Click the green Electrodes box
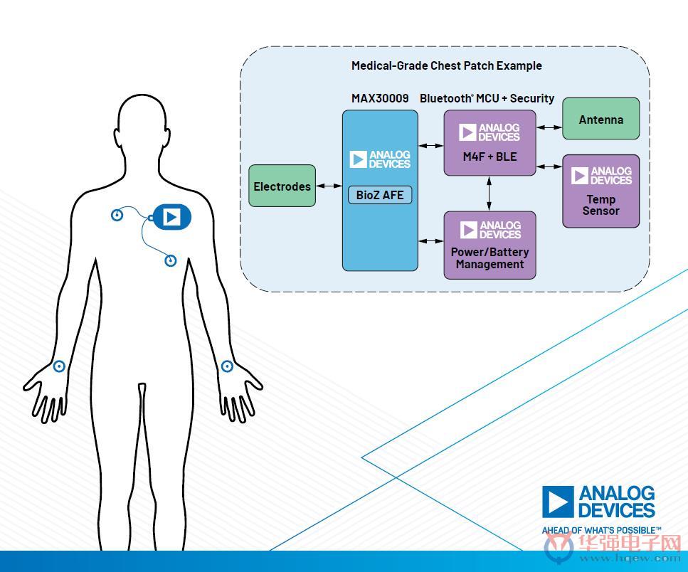282,186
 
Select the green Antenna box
600,119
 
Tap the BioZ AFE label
380,195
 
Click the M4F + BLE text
489,157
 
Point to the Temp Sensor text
600,205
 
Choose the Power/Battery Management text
489,258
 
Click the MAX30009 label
380,98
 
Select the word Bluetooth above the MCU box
446,98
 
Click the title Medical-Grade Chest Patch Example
447,65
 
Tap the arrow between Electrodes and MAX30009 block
329,186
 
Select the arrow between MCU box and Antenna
549,127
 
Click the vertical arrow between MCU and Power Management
489,194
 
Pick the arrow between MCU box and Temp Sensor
549,166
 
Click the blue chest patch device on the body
171,217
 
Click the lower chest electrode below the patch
170,260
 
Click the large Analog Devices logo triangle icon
558,502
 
